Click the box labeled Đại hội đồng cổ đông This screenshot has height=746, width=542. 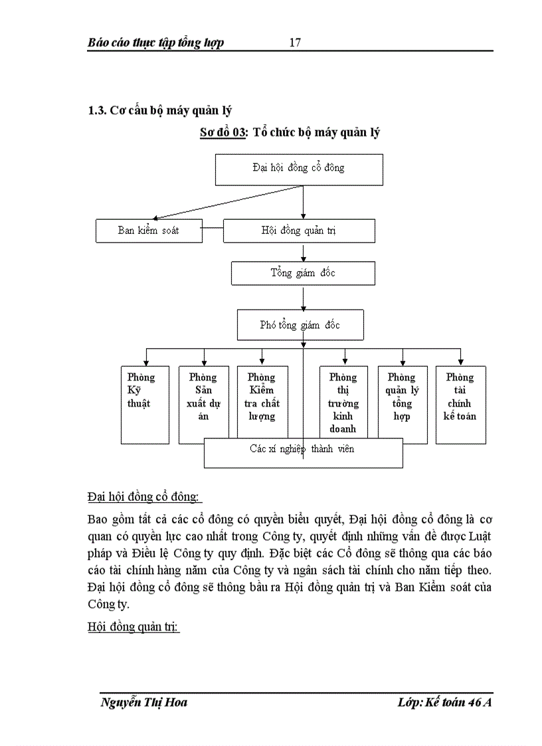(x=299, y=169)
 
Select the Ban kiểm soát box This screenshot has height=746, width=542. (x=149, y=231)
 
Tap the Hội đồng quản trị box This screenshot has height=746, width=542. (x=299, y=231)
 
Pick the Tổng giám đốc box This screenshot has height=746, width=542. (x=303, y=273)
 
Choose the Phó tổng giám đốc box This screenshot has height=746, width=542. (x=300, y=325)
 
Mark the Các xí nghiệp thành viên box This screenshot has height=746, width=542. (x=303, y=452)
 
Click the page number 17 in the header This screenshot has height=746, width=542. (x=296, y=43)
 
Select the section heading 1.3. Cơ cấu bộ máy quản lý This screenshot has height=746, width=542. (x=159, y=110)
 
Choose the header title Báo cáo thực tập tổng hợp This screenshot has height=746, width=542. (x=156, y=43)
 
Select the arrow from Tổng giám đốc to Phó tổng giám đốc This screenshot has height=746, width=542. (x=304, y=297)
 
